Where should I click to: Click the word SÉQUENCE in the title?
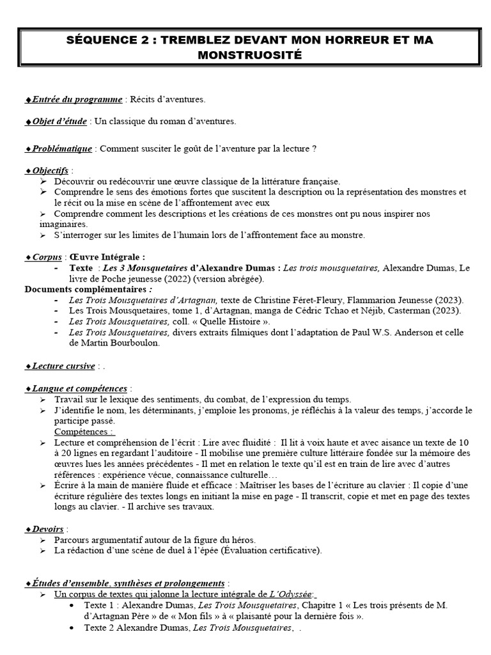coord(99,40)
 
